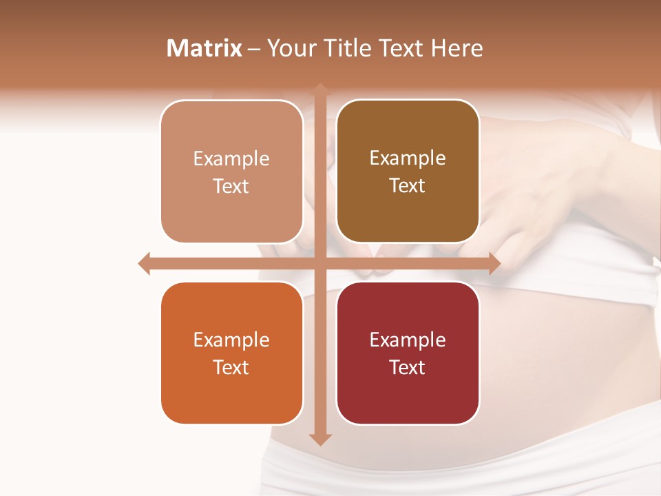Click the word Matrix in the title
(204, 48)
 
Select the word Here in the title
(457, 48)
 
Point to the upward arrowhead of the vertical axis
(320, 89)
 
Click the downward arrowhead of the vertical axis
(320, 439)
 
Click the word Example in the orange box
(231, 340)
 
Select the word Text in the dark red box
(408, 367)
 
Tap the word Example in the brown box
(408, 158)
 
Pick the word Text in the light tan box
(231, 186)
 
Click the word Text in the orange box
(231, 367)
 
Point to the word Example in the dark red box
(408, 340)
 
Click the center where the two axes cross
(320, 263)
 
